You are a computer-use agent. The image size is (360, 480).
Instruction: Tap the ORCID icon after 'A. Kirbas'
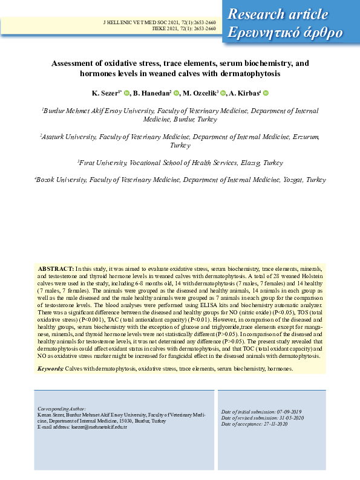coord(266,93)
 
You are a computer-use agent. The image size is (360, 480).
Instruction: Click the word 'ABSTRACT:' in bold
coord(56,267)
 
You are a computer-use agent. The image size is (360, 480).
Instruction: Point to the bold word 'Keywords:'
coord(50,368)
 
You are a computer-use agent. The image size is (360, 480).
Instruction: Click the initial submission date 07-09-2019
coord(293,411)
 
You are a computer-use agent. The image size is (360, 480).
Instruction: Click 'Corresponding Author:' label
coord(62,409)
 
